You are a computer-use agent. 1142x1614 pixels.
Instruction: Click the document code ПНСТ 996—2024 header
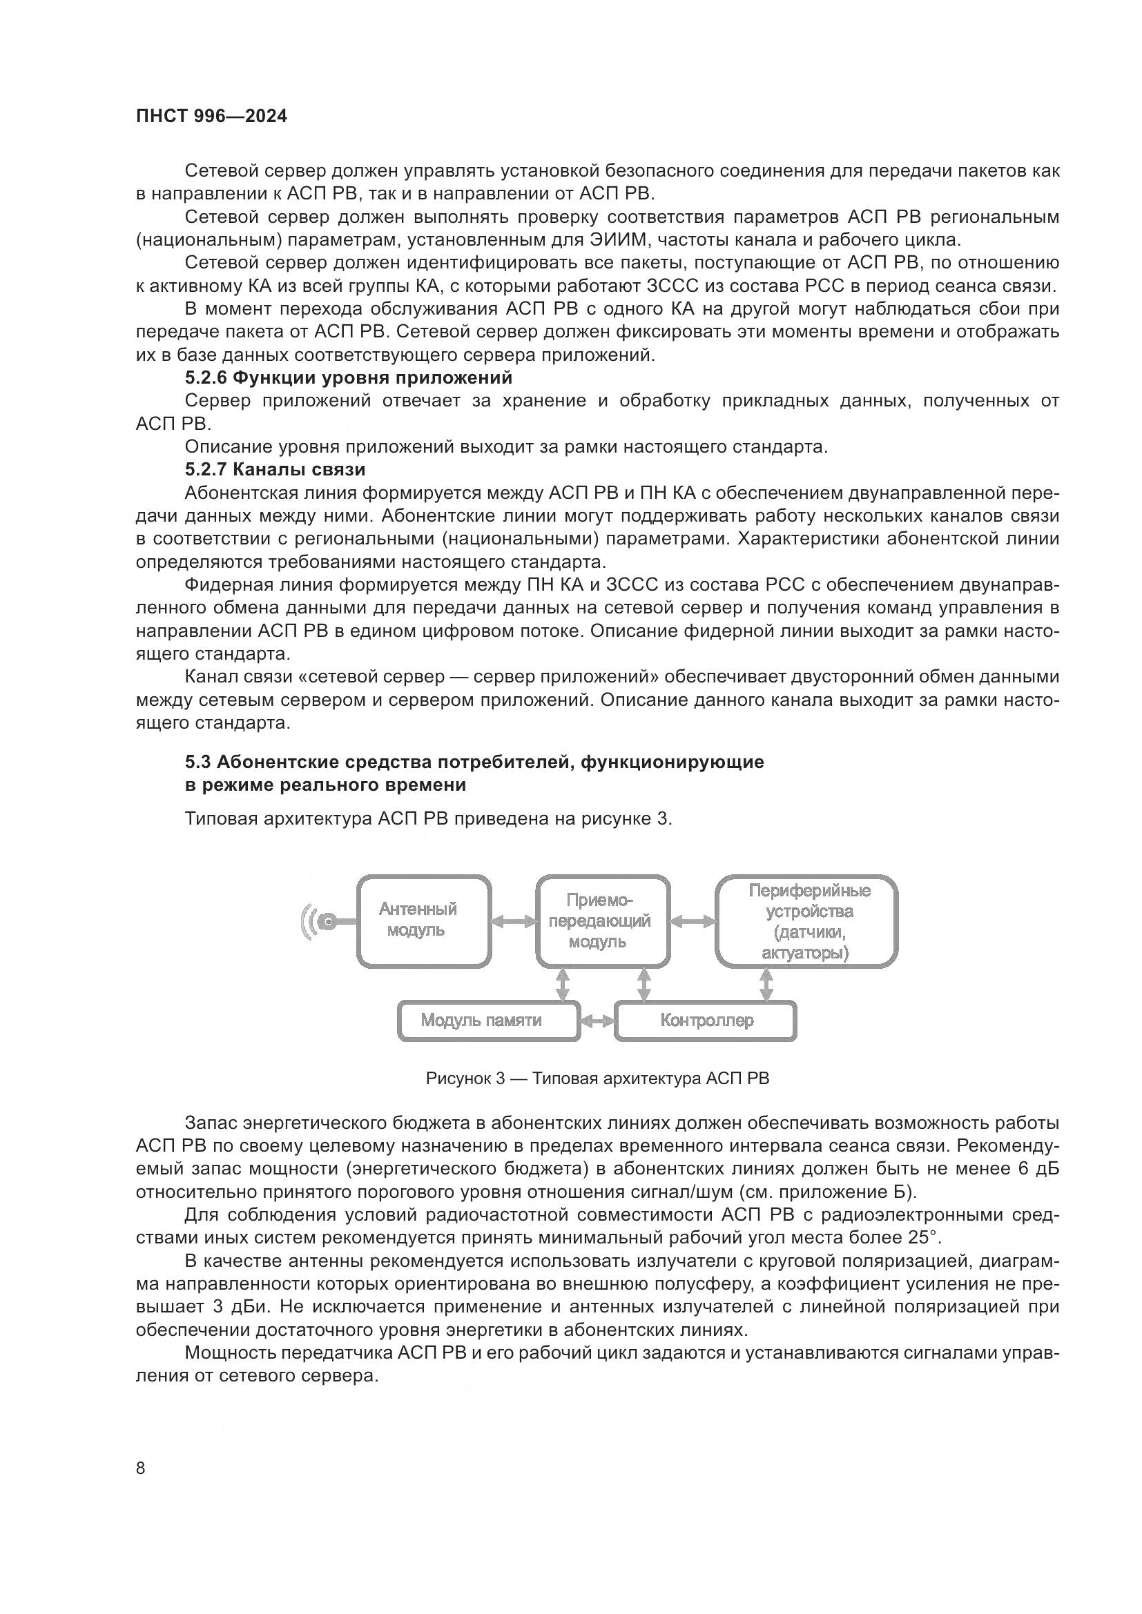tap(211, 117)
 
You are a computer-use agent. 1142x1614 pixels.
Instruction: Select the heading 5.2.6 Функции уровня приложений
tap(349, 377)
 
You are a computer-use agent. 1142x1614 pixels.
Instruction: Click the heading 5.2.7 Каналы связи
tap(275, 469)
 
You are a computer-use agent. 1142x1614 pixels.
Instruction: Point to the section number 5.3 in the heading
tap(198, 762)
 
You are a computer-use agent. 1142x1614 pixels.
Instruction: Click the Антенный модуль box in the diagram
tap(424, 921)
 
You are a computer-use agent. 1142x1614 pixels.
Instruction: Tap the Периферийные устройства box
tap(806, 921)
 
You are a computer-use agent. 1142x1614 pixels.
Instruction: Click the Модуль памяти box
tap(488, 1020)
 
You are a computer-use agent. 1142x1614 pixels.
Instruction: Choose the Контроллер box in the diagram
tap(706, 1020)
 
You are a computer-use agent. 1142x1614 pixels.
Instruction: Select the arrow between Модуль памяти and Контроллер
tap(598, 1021)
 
